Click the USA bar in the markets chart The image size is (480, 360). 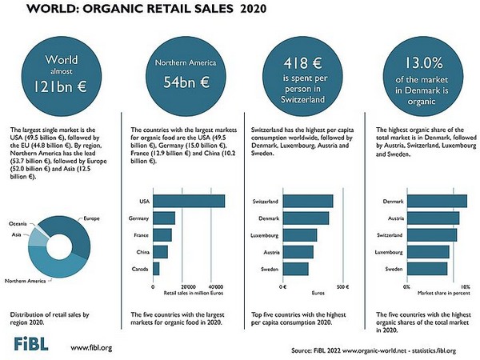coord(189,201)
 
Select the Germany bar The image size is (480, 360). coord(164,218)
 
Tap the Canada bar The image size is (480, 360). coord(156,269)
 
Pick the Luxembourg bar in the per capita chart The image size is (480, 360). coord(301,235)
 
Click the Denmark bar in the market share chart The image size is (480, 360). coord(436,201)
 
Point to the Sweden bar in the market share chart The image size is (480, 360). coord(428,269)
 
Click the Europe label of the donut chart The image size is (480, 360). coord(90,218)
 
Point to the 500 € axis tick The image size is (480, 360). coord(342,286)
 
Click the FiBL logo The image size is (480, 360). coord(30,344)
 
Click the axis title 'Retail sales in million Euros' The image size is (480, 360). coord(186,294)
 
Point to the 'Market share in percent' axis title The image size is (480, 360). coord(435,294)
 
